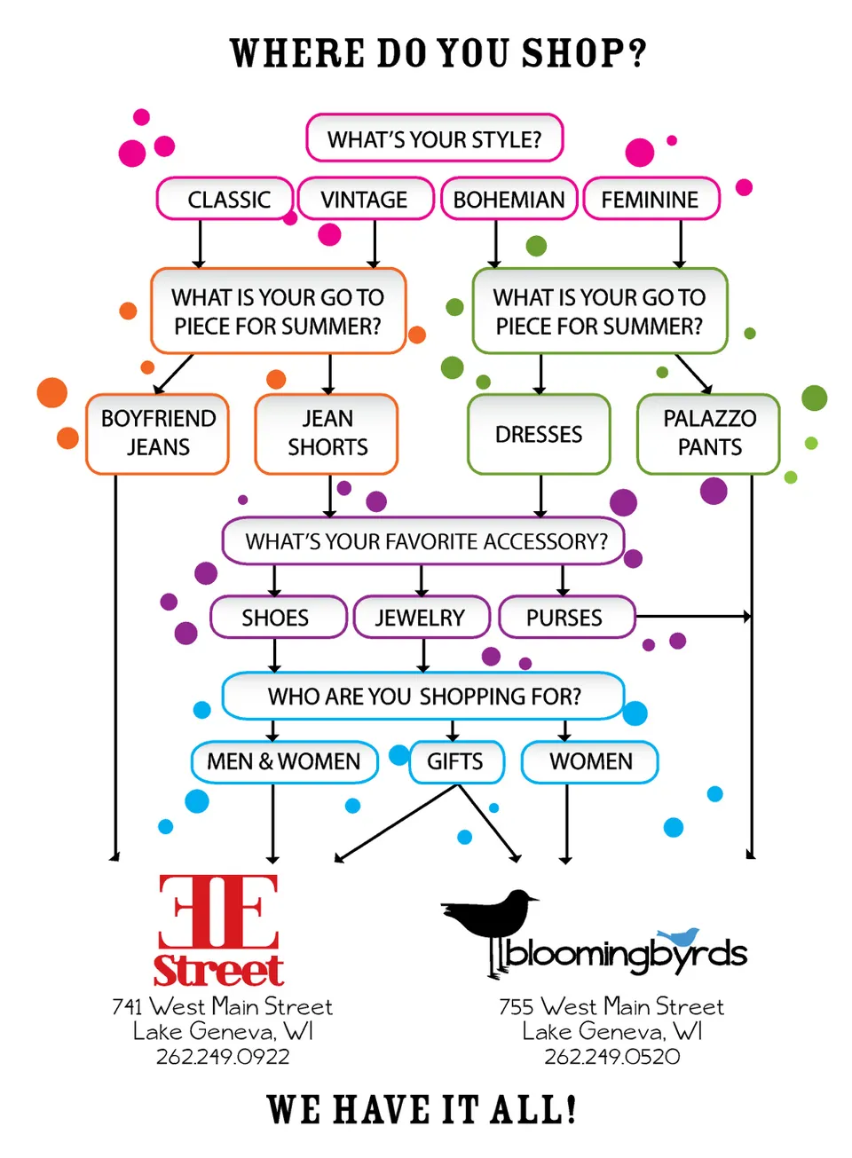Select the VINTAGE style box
(365, 200)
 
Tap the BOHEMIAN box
(509, 200)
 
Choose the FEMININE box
(650, 200)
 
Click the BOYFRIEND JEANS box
(158, 433)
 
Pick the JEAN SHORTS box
(327, 433)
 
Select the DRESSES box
(539, 434)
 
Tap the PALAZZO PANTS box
(709, 433)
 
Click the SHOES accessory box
(276, 618)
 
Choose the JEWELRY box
(421, 618)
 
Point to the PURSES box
(565, 618)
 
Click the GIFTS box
(455, 761)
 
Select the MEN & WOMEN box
(284, 761)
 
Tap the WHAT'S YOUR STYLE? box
(434, 138)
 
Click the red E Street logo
(218, 930)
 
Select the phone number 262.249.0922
(223, 1057)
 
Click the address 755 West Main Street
(611, 1006)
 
